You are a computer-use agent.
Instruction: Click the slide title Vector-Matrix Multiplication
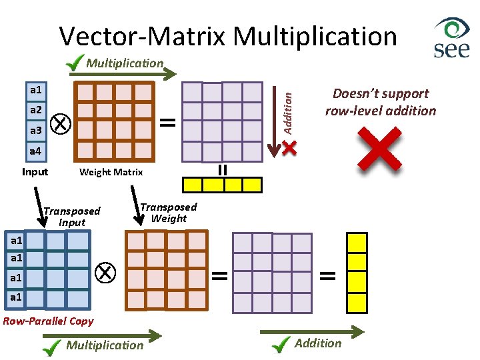[228, 36]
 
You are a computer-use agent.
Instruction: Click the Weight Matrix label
[111, 172]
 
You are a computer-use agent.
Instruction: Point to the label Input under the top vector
[35, 172]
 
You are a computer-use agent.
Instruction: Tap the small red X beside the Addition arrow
[289, 148]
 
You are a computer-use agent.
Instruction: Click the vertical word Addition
[287, 111]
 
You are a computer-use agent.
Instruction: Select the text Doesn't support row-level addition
[380, 102]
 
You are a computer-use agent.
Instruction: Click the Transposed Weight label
[168, 213]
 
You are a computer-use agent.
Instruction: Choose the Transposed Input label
[72, 217]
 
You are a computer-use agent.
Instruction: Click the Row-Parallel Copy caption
[49, 321]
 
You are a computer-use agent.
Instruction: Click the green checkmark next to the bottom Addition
[283, 344]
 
